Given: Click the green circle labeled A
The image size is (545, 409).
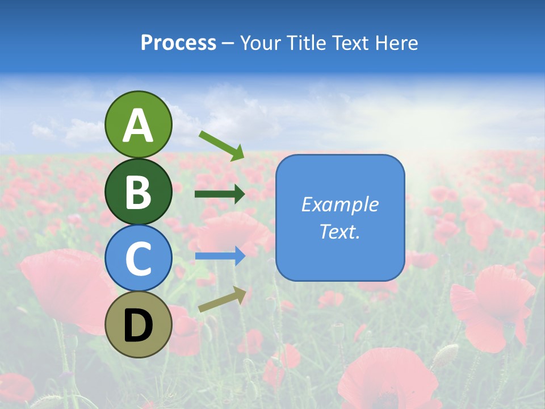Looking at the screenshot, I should coord(138,124).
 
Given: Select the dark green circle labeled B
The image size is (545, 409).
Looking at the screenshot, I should coord(138,191).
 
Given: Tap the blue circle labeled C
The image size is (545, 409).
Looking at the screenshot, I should coord(138,258).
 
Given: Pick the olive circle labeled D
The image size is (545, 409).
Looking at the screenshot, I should coord(138,324).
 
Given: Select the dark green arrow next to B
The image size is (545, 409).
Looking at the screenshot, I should coord(220,194).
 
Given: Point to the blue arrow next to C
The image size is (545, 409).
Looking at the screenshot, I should coord(220,256).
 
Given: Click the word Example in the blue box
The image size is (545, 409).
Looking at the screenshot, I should coord(340,204).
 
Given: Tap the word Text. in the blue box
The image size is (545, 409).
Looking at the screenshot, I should coord(340,231).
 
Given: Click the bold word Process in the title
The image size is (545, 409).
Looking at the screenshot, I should coord(178,43).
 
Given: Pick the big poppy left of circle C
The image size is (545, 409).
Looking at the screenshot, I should coord(62,284).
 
